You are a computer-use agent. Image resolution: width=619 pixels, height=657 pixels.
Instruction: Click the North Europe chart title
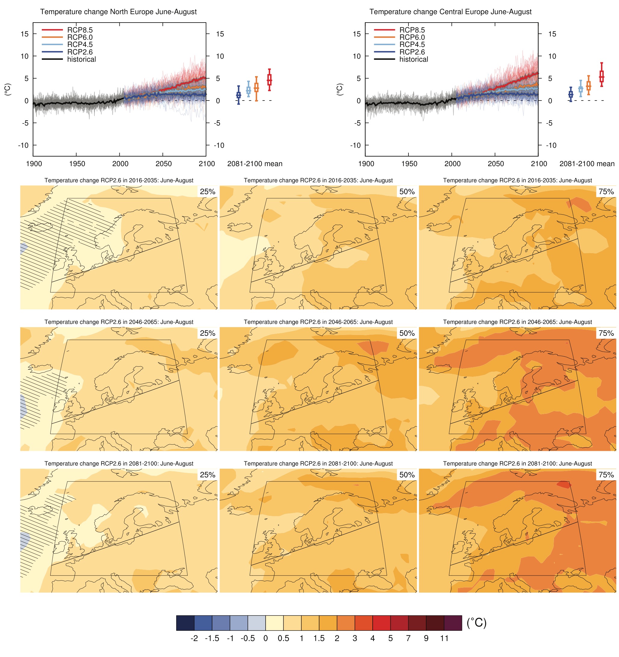click(118, 12)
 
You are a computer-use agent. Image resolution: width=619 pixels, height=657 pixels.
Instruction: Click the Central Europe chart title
click(450, 12)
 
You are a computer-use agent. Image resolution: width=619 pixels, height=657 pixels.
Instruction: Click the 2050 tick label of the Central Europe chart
click(495, 164)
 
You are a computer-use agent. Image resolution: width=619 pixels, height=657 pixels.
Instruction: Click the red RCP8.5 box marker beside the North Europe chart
click(269, 80)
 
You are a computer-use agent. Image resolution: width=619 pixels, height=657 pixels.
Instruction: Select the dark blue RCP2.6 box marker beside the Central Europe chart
click(571, 95)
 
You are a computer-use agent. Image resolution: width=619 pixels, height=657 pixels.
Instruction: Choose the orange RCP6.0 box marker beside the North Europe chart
click(256, 88)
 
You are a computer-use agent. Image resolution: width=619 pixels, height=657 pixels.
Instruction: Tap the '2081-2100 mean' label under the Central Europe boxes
click(587, 164)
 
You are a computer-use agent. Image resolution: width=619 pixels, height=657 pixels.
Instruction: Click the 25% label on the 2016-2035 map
click(208, 192)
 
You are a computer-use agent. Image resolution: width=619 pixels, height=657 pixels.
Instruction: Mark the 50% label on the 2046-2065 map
click(407, 333)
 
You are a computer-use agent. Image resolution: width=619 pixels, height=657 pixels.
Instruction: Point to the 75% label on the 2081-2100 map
click(606, 475)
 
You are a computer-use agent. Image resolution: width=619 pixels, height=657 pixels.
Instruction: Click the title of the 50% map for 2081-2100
click(318, 464)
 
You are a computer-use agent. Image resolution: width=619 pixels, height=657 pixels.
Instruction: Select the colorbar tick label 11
click(444, 638)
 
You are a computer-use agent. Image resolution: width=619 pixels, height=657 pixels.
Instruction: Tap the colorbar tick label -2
click(194, 638)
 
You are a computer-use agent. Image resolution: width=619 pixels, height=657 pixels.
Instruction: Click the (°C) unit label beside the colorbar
click(476, 623)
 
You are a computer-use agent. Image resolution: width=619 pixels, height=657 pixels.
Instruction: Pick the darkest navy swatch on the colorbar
click(185, 623)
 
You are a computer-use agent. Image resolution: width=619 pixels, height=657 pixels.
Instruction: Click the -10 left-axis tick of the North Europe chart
click(23, 145)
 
